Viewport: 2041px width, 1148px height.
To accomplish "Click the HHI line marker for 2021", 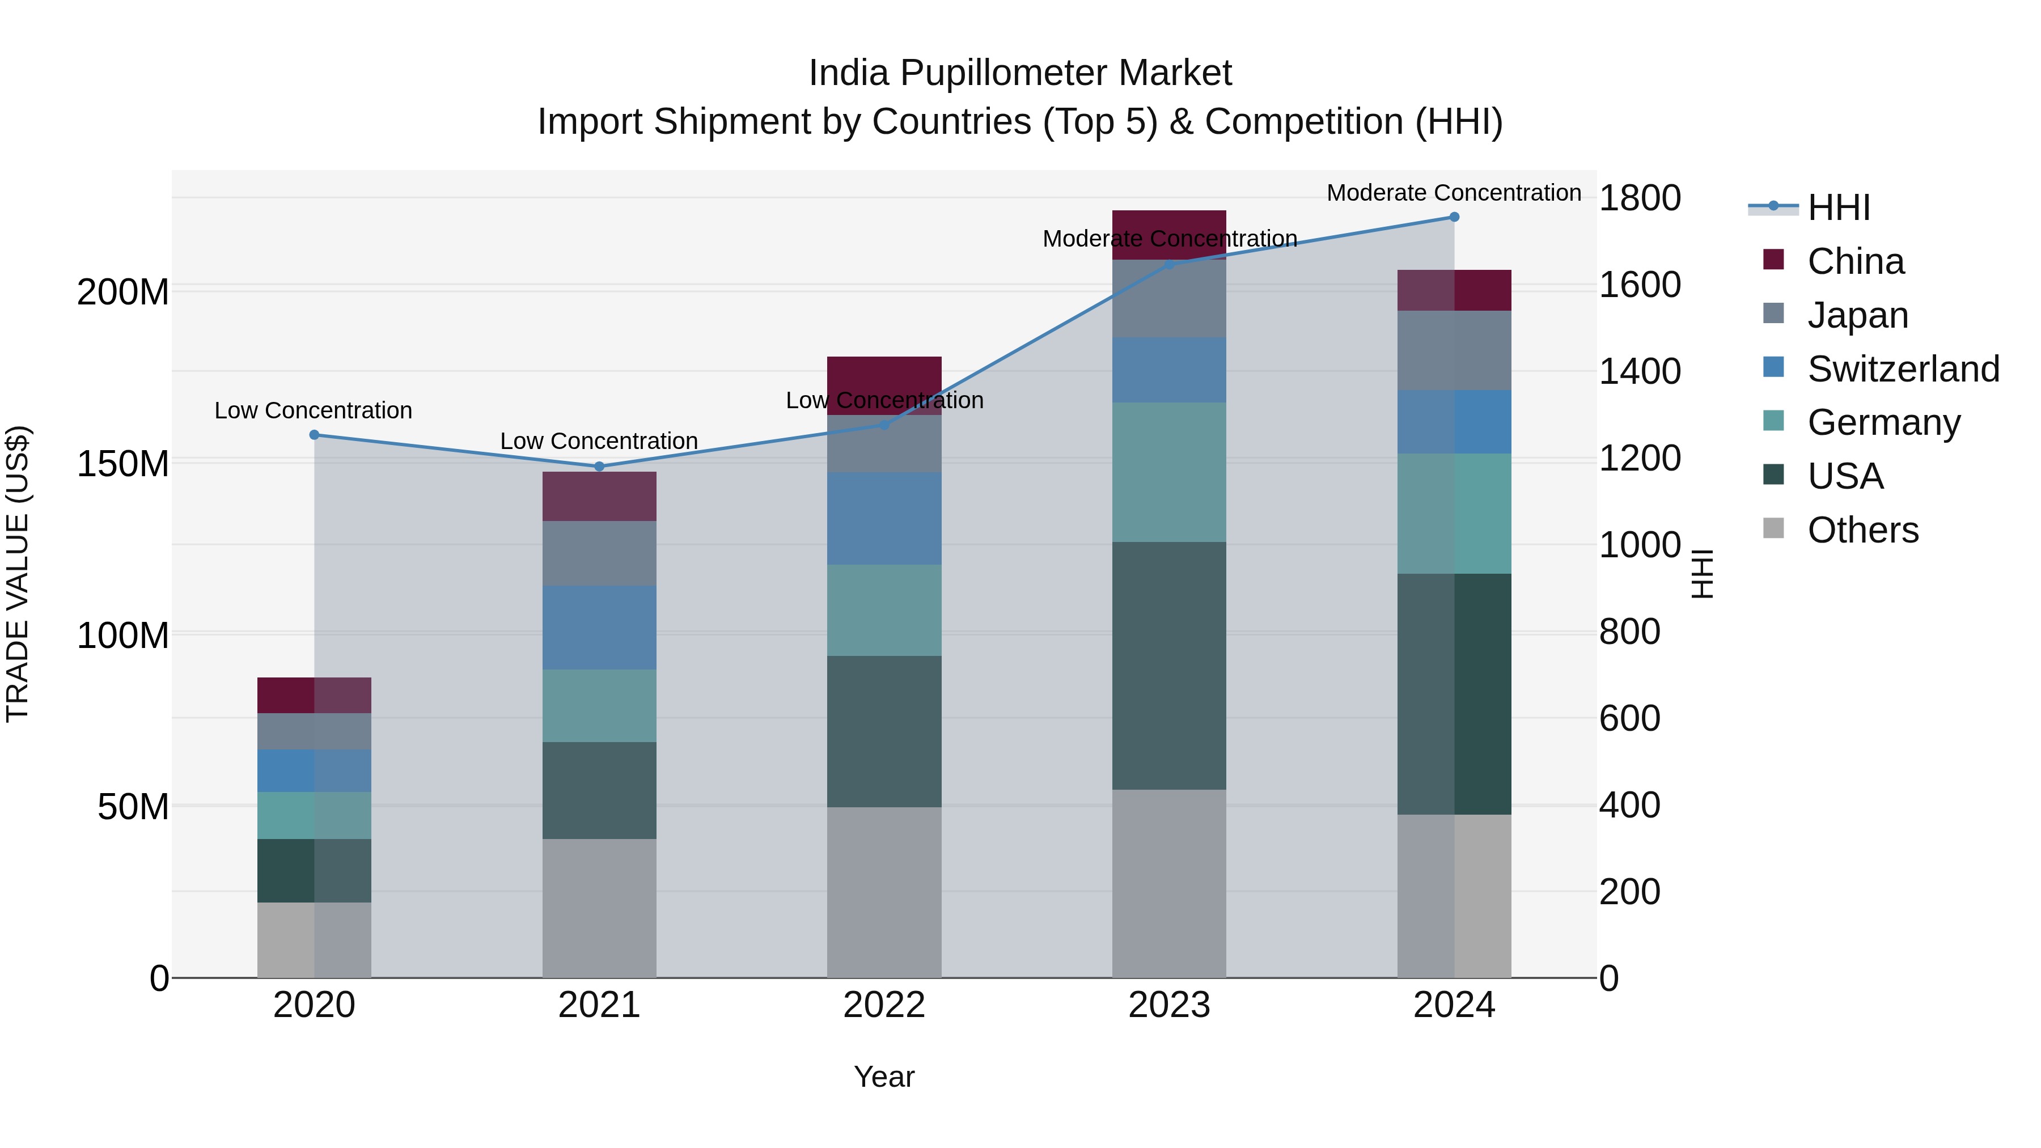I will tap(599, 467).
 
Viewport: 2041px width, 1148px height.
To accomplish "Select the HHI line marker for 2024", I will tap(1454, 217).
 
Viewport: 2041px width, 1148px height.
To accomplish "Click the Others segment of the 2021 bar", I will tap(599, 908).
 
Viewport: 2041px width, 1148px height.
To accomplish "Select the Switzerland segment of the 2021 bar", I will tap(599, 628).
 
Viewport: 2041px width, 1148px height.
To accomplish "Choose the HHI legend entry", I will tap(1838, 207).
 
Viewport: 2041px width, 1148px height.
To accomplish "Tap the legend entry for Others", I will tap(1862, 530).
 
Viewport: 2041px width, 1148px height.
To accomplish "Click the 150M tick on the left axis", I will tap(123, 464).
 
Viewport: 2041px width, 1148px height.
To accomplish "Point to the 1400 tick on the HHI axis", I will tap(1639, 371).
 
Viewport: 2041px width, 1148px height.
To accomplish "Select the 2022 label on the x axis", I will tap(884, 1005).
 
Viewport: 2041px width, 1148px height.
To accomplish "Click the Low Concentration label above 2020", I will tap(313, 410).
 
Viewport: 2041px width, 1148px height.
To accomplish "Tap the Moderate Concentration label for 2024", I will tap(1454, 193).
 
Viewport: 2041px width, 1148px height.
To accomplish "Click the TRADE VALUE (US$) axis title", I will tap(18, 574).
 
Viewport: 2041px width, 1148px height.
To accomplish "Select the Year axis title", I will tap(884, 1077).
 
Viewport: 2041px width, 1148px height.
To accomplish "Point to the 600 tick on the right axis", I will tap(1629, 719).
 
